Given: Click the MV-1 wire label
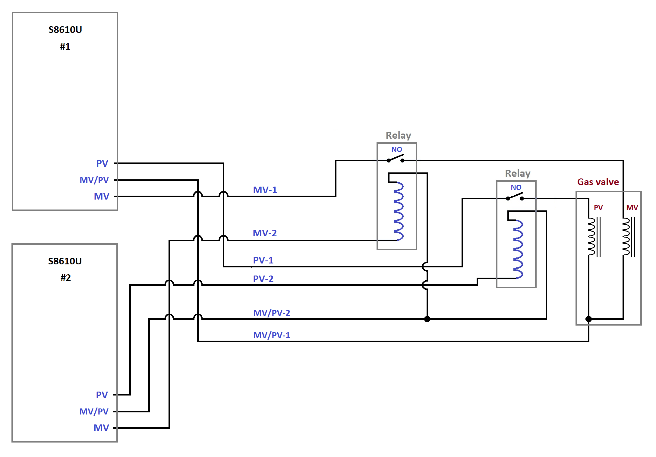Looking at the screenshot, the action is coord(265,190).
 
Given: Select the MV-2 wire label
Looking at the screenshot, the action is coord(265,233).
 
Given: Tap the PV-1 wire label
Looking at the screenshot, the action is coord(263,260).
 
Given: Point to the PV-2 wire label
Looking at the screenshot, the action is coord(263,279).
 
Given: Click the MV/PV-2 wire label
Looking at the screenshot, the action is coord(272,313).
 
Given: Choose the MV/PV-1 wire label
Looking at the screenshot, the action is coord(272,335).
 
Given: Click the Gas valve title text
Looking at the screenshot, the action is coord(598,182).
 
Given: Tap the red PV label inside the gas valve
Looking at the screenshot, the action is coord(598,208).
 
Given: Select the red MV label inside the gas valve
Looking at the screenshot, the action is coord(632,208).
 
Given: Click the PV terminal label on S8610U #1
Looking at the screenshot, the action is coord(102,163).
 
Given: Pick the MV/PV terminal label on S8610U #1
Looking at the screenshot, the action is coord(94,180).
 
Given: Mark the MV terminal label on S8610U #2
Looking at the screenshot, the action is coord(101,428).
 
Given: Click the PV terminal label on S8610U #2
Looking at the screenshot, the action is coord(102,395).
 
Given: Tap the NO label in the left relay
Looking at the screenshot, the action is coord(397,150).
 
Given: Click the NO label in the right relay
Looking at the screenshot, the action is coord(516,188).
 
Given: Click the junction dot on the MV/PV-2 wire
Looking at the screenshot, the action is coord(427,319).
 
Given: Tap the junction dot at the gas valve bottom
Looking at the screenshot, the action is coord(588,319).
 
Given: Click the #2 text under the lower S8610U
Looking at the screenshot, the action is coord(65,278).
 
